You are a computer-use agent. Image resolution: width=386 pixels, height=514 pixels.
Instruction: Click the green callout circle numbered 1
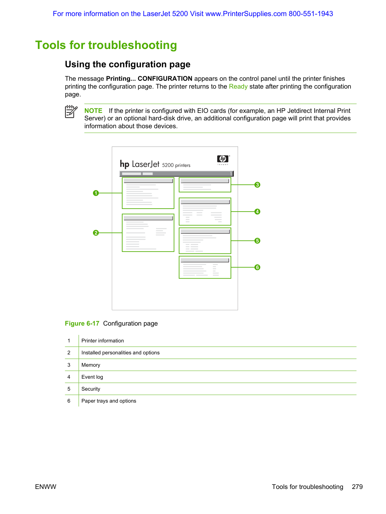pyautogui.click(x=96, y=193)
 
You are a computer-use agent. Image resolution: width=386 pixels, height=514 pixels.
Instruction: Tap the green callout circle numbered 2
pyautogui.click(x=96, y=233)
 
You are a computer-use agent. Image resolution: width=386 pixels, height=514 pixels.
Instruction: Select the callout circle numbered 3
pyautogui.click(x=257, y=185)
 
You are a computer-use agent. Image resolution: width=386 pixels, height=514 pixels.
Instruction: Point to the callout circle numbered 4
pyautogui.click(x=257, y=212)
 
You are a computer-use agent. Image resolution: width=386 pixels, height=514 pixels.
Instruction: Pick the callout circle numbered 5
pyautogui.click(x=257, y=241)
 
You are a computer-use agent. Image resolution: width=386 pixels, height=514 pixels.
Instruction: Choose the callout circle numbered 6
pyautogui.click(x=257, y=267)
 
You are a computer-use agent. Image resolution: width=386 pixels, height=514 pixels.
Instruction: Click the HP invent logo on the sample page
pyautogui.click(x=223, y=160)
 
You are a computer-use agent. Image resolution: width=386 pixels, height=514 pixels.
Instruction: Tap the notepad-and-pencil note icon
pyautogui.click(x=71, y=112)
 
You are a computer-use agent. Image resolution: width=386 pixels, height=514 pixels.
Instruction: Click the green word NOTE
pyautogui.click(x=93, y=111)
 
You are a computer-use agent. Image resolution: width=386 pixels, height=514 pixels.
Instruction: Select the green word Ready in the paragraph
pyautogui.click(x=238, y=86)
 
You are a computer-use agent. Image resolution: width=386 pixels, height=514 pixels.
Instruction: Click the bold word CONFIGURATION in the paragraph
pyautogui.click(x=165, y=79)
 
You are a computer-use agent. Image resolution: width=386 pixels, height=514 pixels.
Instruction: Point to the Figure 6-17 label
pyautogui.click(x=82, y=323)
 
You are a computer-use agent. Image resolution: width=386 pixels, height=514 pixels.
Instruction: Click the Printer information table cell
pyautogui.click(x=102, y=341)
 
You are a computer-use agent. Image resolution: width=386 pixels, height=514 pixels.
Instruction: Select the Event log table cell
pyautogui.click(x=92, y=377)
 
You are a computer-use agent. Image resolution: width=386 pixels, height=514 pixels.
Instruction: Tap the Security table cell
pyautogui.click(x=90, y=389)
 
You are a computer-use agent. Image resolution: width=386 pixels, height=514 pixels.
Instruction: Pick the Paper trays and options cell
pyautogui.click(x=109, y=401)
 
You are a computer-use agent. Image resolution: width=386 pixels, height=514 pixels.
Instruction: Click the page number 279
pyautogui.click(x=357, y=487)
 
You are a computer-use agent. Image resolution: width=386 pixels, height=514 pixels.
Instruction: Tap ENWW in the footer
pyautogui.click(x=46, y=487)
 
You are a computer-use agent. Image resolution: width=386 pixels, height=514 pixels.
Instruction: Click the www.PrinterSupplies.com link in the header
pyautogui.click(x=246, y=14)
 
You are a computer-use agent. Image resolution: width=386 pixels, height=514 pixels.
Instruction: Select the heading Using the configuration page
pyautogui.click(x=127, y=64)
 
